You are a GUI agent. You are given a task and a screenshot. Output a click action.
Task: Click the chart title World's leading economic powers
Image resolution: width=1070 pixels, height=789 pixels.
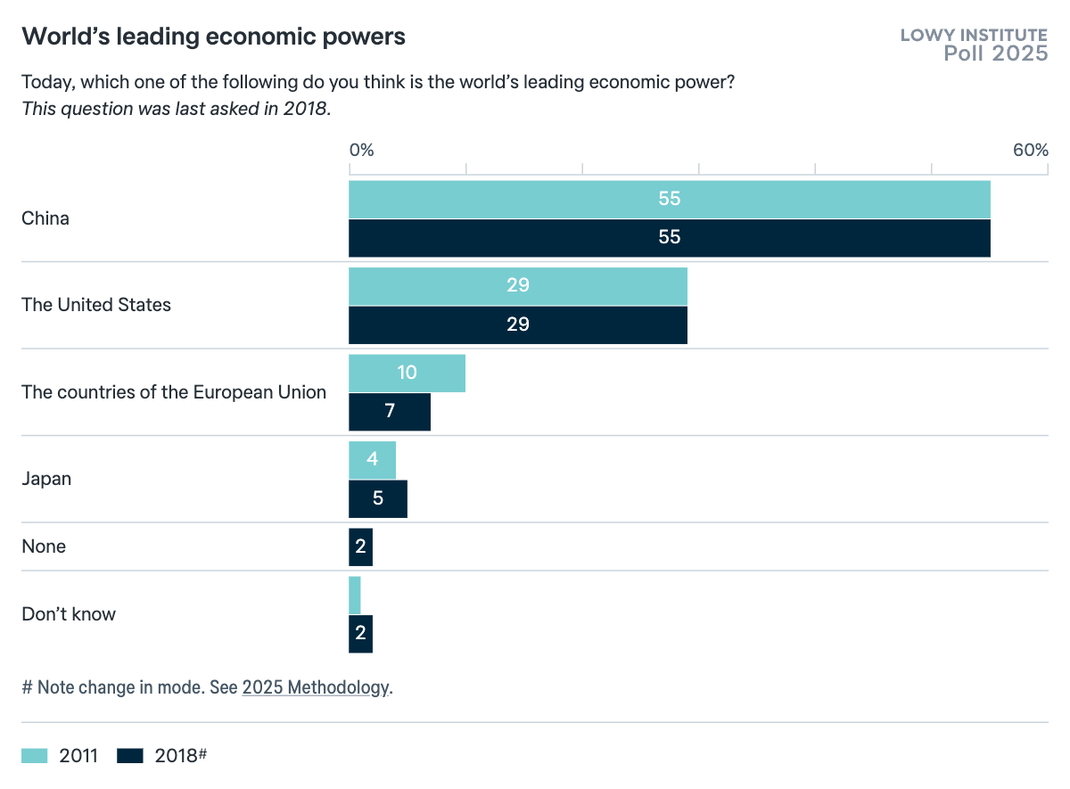click(213, 37)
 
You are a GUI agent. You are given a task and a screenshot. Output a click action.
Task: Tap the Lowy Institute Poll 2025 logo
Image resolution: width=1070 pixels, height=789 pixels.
click(974, 45)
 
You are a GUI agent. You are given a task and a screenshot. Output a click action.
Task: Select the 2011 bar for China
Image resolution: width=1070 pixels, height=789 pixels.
click(669, 199)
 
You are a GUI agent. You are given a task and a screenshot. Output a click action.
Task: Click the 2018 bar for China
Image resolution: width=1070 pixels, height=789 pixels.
click(669, 238)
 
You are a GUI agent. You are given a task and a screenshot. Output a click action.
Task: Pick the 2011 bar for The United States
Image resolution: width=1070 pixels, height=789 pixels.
click(517, 286)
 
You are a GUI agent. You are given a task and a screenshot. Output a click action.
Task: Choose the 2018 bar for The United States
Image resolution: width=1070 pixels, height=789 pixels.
click(517, 325)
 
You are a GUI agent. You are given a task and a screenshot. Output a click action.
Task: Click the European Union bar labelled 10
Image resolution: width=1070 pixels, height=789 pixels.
click(407, 373)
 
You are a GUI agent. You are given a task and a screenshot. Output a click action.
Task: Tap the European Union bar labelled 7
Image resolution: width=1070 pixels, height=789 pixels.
click(390, 412)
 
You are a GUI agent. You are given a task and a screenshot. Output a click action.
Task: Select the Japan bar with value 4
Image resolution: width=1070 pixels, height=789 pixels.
click(372, 460)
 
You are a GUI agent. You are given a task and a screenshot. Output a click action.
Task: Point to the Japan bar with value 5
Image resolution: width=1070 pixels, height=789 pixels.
click(377, 498)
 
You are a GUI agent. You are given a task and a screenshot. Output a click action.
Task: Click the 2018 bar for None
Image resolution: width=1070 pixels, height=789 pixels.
click(360, 547)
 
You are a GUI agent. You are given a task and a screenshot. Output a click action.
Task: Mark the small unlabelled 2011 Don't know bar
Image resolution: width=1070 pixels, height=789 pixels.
click(355, 595)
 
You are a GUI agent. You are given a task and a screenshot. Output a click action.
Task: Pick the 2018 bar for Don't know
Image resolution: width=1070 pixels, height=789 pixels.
click(360, 634)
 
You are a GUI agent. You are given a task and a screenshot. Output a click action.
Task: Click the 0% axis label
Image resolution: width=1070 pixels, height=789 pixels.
click(361, 150)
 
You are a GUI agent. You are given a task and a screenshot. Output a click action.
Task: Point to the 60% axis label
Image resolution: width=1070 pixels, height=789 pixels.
click(1030, 150)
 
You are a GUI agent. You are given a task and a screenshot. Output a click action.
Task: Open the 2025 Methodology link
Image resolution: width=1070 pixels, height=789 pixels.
click(316, 687)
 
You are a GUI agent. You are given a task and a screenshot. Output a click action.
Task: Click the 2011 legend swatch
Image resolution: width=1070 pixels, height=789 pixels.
click(35, 756)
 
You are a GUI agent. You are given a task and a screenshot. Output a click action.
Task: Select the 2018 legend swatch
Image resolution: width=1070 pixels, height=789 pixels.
click(130, 756)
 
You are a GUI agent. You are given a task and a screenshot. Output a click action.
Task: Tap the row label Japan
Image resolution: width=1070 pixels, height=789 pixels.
click(46, 479)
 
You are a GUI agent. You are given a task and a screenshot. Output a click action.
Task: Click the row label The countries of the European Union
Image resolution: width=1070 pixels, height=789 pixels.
click(174, 392)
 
